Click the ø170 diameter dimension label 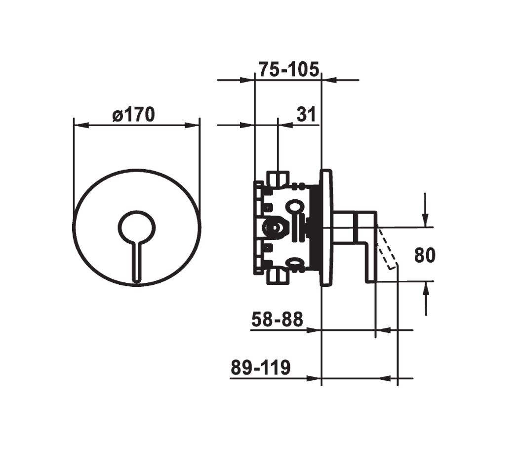pos(134,115)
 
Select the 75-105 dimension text pos(289,69)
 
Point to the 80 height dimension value pos(425,255)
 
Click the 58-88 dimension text pos(277,319)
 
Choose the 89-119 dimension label pos(261,367)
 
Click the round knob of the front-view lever pos(137,227)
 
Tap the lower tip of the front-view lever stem pos(137,282)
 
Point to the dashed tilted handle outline pos(387,247)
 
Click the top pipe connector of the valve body pos(278,179)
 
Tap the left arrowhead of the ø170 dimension pos(81,125)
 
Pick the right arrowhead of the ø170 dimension pos(193,125)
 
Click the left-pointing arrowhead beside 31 pos(286,125)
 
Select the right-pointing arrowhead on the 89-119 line pos(314,378)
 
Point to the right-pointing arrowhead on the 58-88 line pos(314,330)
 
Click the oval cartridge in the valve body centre pos(276,227)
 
